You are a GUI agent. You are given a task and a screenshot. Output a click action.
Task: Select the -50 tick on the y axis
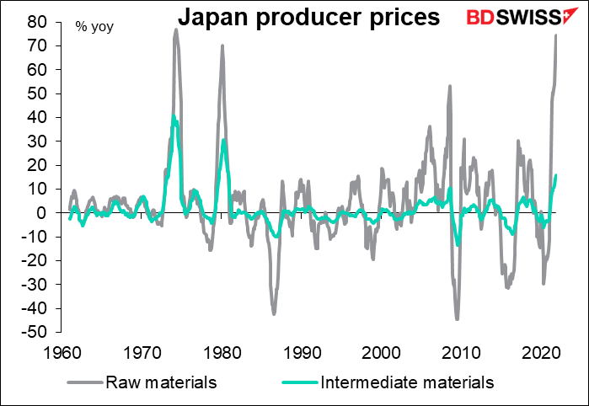35,333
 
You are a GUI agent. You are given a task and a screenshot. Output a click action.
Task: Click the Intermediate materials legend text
407,382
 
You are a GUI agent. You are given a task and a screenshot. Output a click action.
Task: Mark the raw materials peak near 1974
176,29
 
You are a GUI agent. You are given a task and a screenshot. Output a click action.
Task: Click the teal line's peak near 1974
173,116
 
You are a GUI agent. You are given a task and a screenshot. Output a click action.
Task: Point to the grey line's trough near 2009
457,319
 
